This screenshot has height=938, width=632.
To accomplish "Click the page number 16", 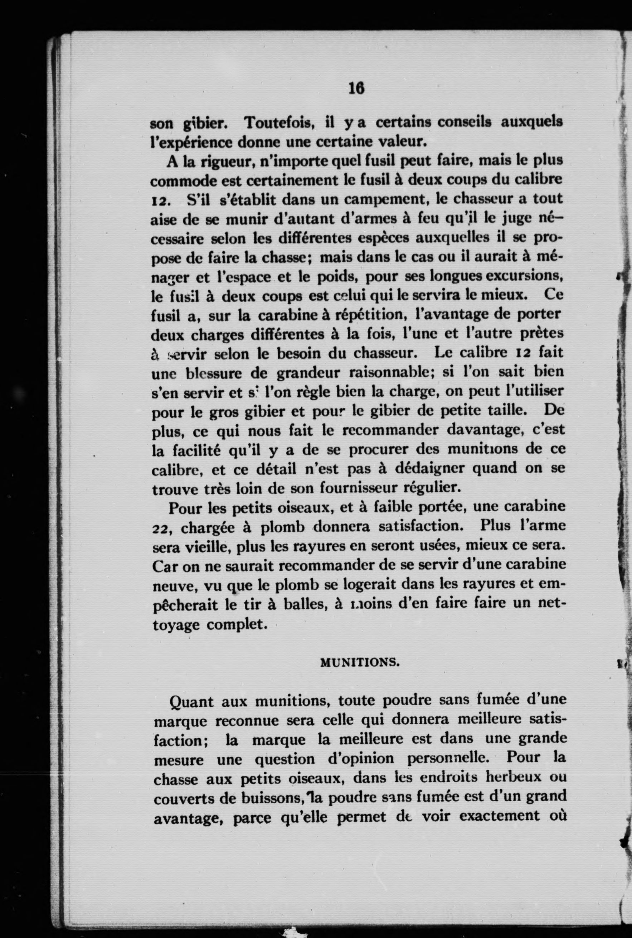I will click(x=357, y=88).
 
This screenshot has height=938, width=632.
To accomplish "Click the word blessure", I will click(x=213, y=373).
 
